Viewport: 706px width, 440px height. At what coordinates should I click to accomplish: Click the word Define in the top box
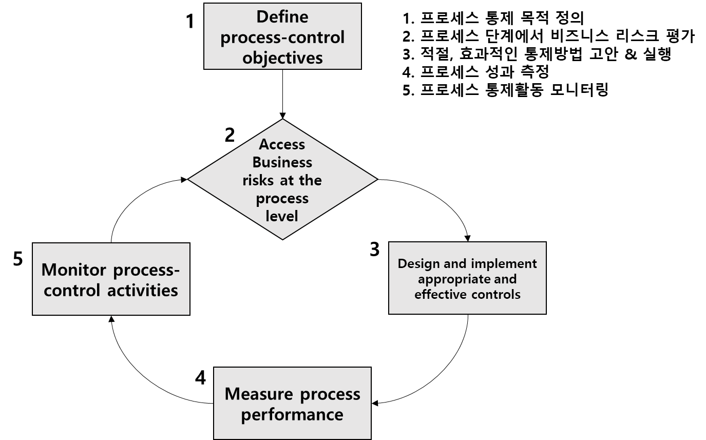(282, 16)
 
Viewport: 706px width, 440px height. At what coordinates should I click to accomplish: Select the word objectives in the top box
(282, 58)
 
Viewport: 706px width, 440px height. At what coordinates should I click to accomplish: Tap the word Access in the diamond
(282, 144)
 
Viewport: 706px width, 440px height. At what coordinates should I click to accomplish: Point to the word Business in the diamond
(282, 162)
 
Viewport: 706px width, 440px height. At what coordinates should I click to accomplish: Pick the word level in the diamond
(282, 216)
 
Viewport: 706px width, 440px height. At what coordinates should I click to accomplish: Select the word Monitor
(74, 270)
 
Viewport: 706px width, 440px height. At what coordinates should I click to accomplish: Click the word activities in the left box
(143, 290)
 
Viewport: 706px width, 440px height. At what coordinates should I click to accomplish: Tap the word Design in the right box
(419, 263)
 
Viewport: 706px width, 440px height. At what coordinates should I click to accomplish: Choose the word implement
(504, 263)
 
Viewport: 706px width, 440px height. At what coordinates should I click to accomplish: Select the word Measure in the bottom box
(259, 394)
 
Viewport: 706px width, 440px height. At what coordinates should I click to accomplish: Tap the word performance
(292, 414)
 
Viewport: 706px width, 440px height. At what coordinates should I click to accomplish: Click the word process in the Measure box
(330, 394)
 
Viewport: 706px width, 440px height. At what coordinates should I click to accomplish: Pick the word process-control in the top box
(282, 37)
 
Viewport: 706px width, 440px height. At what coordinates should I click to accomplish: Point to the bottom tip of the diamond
(282, 238)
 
